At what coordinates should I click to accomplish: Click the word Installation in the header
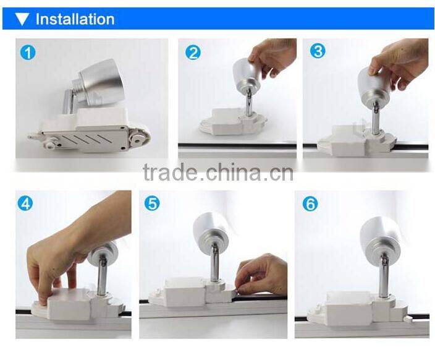point(75,19)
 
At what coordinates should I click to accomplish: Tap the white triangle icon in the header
point(23,19)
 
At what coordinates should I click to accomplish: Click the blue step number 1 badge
point(27,52)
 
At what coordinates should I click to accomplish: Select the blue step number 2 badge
point(193,52)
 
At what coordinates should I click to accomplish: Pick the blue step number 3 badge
point(318,51)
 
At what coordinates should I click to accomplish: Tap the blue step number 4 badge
point(25,202)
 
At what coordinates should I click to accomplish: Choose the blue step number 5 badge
point(153,203)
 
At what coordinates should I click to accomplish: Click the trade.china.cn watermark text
point(217,173)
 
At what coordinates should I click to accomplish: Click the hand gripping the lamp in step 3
point(402,62)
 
